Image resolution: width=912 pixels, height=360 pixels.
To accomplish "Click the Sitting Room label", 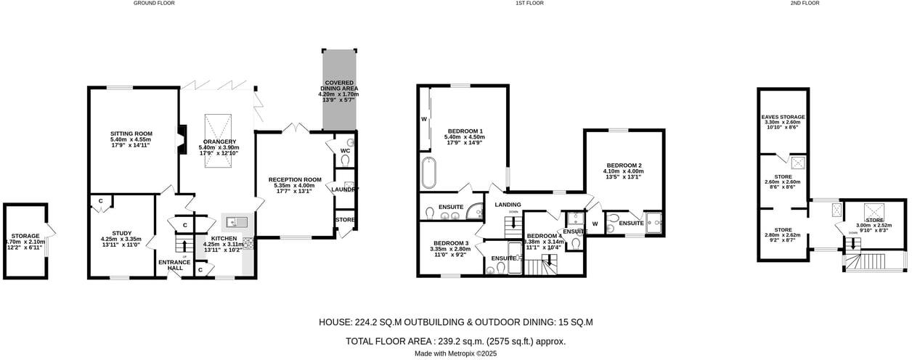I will tap(131, 134).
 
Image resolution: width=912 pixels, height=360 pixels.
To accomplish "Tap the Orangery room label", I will tap(218, 142).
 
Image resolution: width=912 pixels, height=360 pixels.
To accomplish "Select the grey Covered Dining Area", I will tap(338, 91).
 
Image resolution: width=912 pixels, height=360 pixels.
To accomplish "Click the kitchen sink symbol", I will tap(237, 221).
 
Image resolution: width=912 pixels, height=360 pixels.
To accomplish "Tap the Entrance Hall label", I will tap(175, 266).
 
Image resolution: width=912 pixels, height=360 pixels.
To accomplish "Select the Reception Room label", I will tap(294, 179).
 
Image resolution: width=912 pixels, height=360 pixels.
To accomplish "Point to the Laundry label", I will tap(344, 190).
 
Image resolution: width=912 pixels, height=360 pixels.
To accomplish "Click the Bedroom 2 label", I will tap(624, 165).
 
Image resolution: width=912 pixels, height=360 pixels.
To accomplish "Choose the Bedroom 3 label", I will tap(451, 243).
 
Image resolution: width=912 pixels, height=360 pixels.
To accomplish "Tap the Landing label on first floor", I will tap(508, 205).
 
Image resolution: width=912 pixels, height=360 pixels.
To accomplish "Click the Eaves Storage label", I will tap(783, 117).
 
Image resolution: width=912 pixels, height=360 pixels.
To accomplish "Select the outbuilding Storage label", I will tap(25, 236).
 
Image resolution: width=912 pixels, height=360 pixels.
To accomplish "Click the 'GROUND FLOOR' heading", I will tap(154, 4).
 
